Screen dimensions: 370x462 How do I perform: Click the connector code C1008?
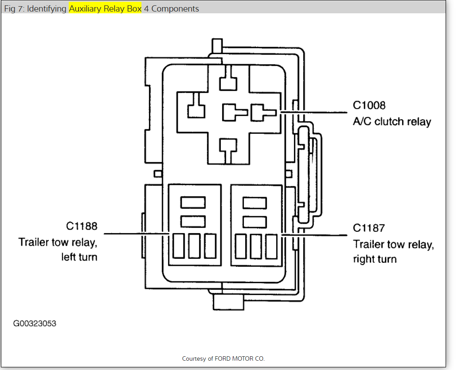369,105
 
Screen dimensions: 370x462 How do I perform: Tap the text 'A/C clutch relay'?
392,122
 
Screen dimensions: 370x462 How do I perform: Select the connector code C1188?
82,226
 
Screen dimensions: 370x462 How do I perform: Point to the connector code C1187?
369,228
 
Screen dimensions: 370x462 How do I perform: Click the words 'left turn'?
79,257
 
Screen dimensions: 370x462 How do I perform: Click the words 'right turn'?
375,259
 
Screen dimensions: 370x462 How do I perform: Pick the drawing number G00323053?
35,323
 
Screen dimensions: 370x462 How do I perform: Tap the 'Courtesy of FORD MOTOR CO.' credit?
223,358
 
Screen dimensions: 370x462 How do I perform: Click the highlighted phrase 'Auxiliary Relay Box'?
105,9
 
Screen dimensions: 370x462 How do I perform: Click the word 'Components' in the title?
175,9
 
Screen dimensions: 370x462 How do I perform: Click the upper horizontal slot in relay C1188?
193,203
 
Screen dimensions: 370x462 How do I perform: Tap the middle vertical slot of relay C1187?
256,246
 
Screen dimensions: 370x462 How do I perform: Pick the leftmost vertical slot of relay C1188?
179,246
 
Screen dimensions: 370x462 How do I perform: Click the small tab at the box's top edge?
217,45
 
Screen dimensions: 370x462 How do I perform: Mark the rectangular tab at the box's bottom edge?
228,303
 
